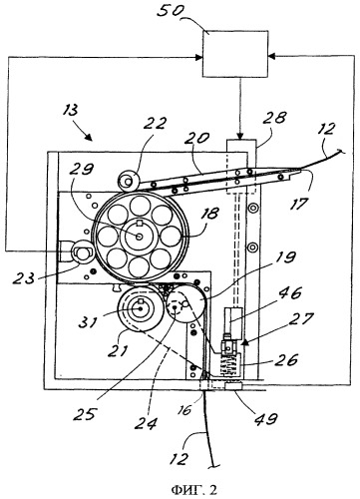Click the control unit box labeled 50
(235, 54)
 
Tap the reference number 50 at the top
(170, 11)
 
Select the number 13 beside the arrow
(71, 111)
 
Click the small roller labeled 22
(129, 181)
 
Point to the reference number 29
(81, 171)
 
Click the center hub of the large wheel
(140, 237)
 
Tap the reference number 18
(208, 214)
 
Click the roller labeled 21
(141, 308)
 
